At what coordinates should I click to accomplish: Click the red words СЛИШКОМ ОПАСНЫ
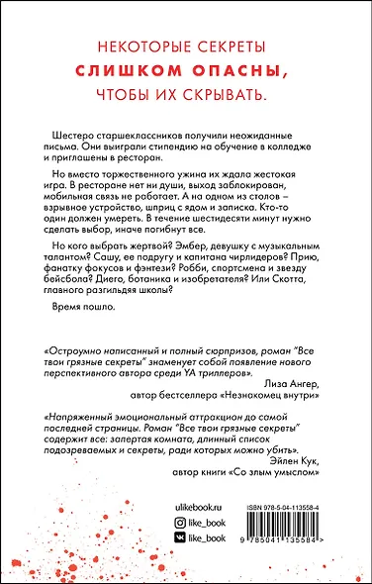point(185,71)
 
